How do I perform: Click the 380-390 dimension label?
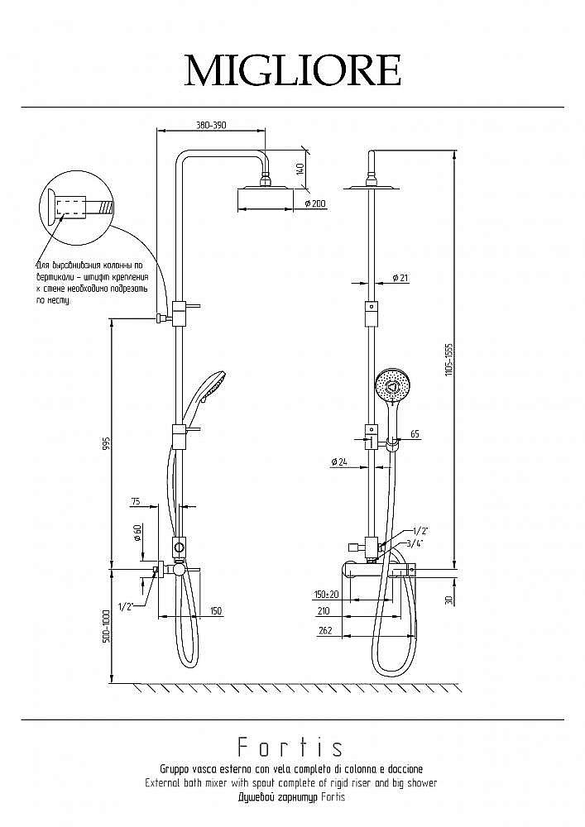211,125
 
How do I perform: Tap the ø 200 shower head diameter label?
315,203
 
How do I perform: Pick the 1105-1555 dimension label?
448,361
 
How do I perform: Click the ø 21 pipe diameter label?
400,278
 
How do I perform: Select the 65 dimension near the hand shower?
415,433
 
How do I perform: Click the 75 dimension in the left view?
135,501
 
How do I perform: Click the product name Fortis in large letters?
290,748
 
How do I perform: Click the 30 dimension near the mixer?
448,600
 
